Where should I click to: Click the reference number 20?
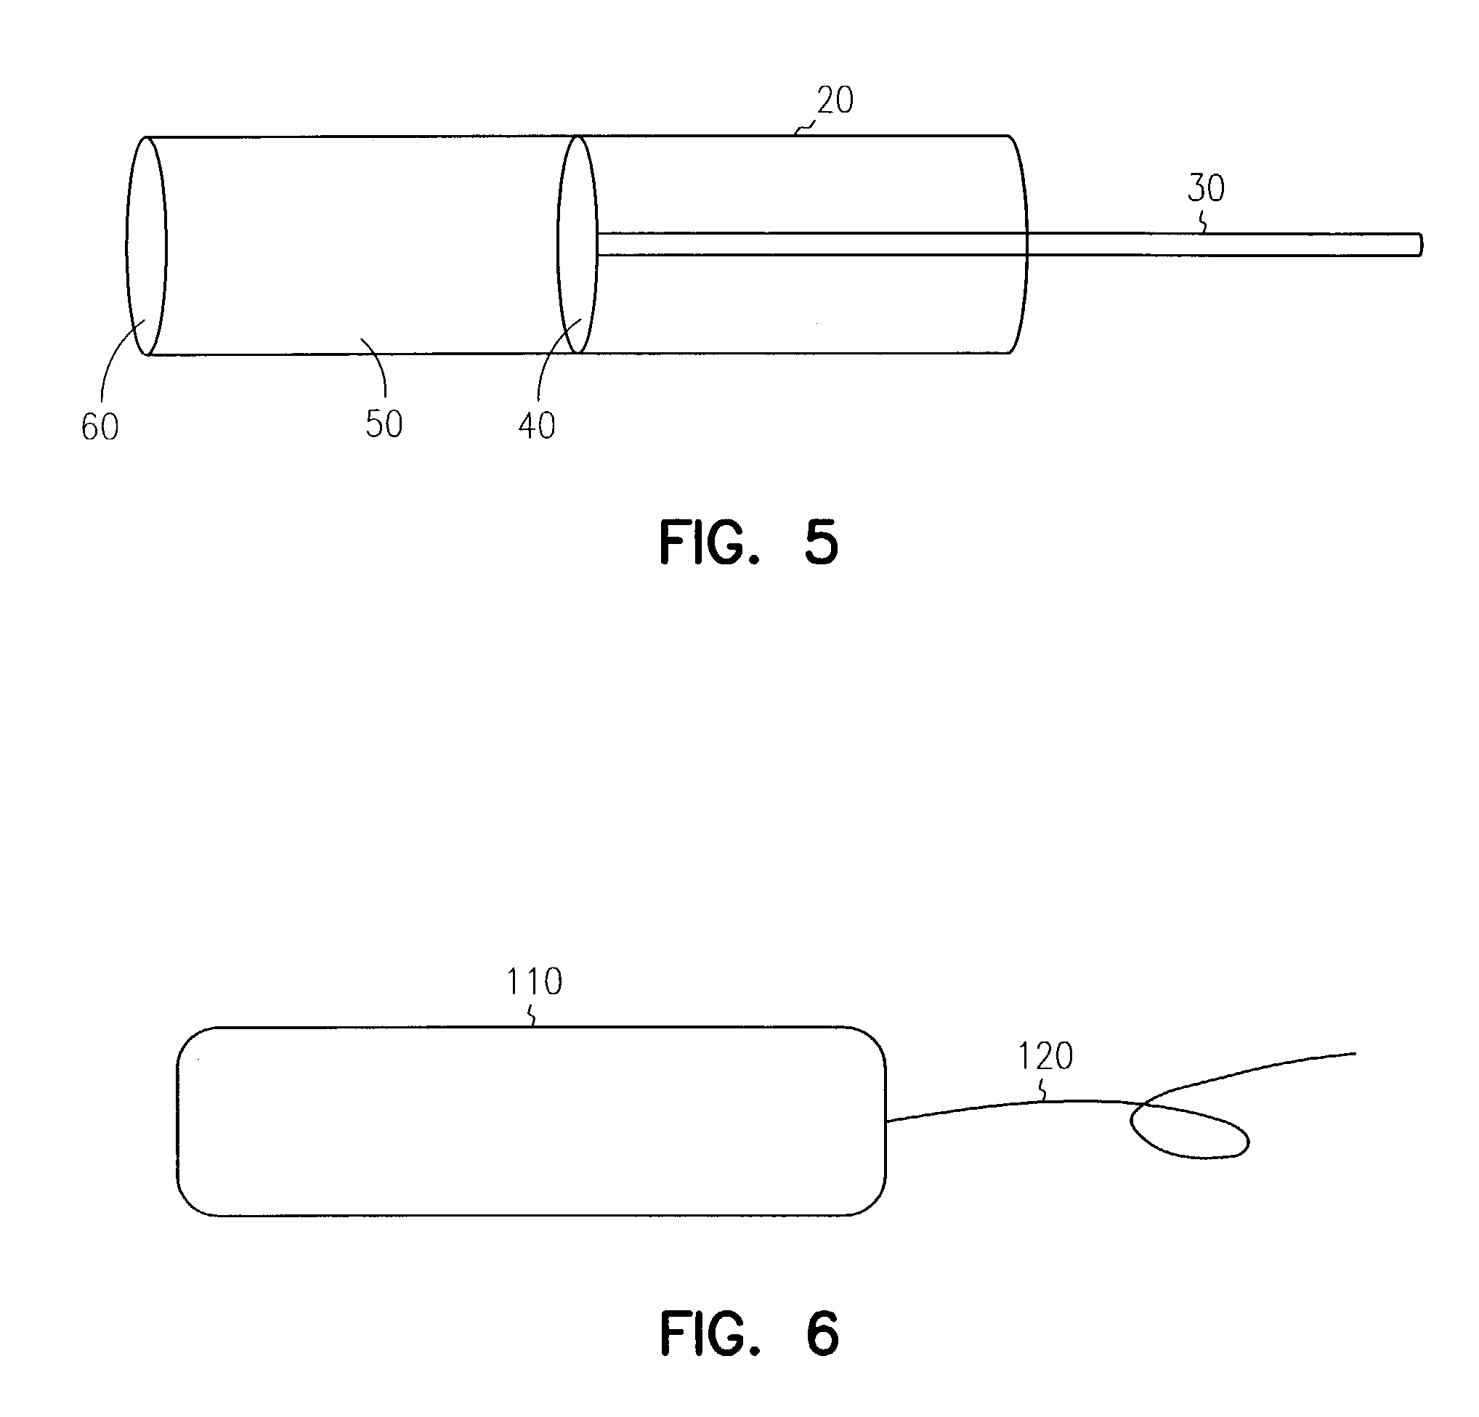coord(835,100)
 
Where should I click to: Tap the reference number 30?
coord(1206,188)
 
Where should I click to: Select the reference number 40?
coord(537,426)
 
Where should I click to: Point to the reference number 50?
coord(384,424)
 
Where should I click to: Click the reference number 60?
coord(100,427)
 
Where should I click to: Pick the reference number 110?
coord(534,982)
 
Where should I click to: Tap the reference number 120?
coord(1046,1056)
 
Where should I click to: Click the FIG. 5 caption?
coord(748,543)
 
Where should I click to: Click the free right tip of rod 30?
coord(1422,245)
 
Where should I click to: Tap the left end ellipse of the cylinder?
coord(147,245)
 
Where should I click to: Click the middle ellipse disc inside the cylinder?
coord(578,245)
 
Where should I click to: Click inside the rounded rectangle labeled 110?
coord(531,1121)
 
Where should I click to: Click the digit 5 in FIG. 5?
coord(822,543)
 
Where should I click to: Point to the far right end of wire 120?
coord(1356,1053)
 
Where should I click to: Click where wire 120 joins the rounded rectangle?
coord(887,1121)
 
